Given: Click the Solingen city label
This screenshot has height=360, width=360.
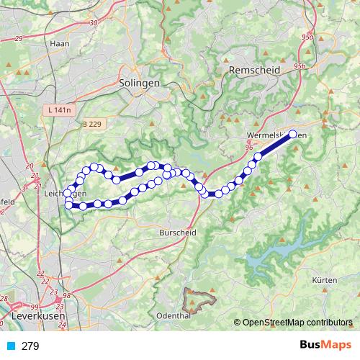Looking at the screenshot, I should pyautogui.click(x=140, y=83).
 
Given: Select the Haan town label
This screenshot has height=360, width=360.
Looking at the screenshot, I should pyautogui.click(x=58, y=43).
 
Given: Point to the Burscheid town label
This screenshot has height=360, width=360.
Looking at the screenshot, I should pyautogui.click(x=179, y=233).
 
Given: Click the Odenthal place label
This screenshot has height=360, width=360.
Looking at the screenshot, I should pyautogui.click(x=173, y=315).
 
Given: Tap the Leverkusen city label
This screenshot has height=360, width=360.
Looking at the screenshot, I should pyautogui.click(x=37, y=315).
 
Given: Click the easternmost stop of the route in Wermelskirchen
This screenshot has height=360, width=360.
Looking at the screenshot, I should pyautogui.click(x=293, y=133).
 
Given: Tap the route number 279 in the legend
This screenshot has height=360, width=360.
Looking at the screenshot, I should pyautogui.click(x=31, y=346).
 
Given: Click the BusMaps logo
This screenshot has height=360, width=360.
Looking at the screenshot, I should pyautogui.click(x=325, y=346).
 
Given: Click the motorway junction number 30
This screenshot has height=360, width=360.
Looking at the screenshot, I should pyautogui.click(x=94, y=23).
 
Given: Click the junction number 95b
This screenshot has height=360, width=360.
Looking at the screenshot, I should pyautogui.click(x=300, y=66).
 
